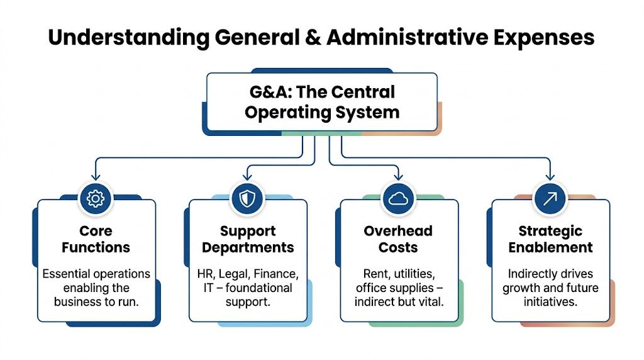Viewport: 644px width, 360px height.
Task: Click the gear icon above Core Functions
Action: click(x=96, y=199)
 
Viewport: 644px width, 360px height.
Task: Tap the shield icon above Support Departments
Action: click(x=247, y=199)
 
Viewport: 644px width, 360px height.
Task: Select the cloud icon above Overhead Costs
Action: click(x=399, y=199)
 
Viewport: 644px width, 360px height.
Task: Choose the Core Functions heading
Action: click(x=96, y=239)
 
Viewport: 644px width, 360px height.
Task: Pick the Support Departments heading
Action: click(x=248, y=239)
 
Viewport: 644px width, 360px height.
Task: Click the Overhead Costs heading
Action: click(x=398, y=239)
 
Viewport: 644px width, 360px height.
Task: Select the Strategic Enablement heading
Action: click(x=550, y=239)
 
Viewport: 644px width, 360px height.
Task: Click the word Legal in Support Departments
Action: click(x=236, y=274)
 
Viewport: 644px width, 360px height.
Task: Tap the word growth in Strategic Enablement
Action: click(x=523, y=288)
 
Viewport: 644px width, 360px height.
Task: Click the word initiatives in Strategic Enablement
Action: click(x=550, y=302)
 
